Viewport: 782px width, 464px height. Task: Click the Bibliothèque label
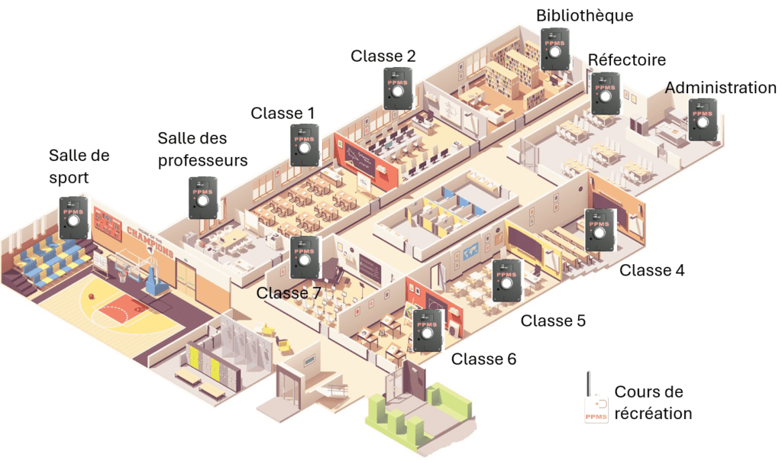point(585,15)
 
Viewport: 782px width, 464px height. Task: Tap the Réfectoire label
point(626,60)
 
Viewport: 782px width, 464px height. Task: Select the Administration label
point(720,88)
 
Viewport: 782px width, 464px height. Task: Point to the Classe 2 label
point(383,56)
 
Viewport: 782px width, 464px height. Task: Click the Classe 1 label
point(283,113)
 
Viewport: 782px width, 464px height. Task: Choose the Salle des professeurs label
point(202,150)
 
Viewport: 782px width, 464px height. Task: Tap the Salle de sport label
point(79,166)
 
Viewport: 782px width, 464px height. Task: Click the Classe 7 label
point(289,293)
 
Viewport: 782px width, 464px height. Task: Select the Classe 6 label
point(484,359)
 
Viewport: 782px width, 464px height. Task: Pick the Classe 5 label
point(553,321)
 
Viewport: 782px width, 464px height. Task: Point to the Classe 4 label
point(652,270)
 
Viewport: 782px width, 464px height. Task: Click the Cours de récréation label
point(653,403)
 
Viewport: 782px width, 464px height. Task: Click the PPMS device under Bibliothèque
point(556,50)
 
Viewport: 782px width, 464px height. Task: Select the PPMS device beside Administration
point(703,120)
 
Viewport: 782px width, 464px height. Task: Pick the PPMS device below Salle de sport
point(74,217)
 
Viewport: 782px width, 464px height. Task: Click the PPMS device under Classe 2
point(398,89)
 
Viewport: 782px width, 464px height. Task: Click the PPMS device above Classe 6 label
point(428,330)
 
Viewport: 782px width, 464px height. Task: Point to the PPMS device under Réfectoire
point(606,94)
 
